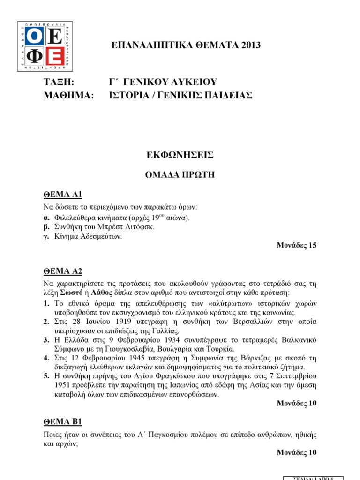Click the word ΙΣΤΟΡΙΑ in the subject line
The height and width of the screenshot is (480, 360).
(x=127, y=95)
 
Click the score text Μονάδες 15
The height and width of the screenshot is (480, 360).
(x=297, y=246)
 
